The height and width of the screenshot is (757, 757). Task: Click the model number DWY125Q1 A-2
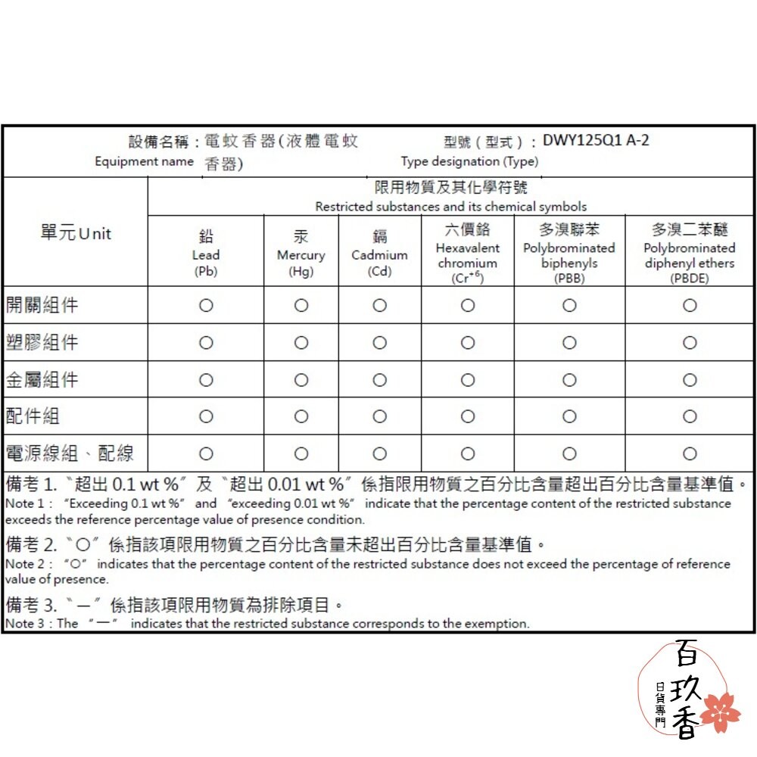click(596, 141)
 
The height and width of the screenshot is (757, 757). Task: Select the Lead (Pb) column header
click(206, 254)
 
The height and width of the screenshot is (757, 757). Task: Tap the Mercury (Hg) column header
click(301, 254)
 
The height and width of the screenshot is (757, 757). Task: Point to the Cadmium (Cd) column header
click(379, 254)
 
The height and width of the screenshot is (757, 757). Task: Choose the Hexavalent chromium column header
click(468, 254)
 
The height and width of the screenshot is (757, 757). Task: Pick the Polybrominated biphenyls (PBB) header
click(569, 254)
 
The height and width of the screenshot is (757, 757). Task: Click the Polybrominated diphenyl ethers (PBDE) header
click(690, 254)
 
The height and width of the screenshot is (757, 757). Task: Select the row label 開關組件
click(42, 305)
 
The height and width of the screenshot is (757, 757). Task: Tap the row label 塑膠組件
click(42, 342)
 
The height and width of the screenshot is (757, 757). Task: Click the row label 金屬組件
click(42, 379)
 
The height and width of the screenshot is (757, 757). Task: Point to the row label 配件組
click(33, 416)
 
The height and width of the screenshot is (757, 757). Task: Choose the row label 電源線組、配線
click(70, 453)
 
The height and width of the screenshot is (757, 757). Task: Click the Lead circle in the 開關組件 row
click(206, 306)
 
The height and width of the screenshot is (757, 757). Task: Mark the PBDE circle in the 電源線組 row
click(690, 453)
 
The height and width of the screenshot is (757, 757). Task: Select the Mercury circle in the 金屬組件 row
click(301, 380)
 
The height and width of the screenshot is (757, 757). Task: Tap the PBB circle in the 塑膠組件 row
click(569, 343)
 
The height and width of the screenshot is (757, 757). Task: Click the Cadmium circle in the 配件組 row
click(380, 416)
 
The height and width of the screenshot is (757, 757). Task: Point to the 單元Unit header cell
click(76, 233)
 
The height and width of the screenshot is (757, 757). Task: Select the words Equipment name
click(144, 161)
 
